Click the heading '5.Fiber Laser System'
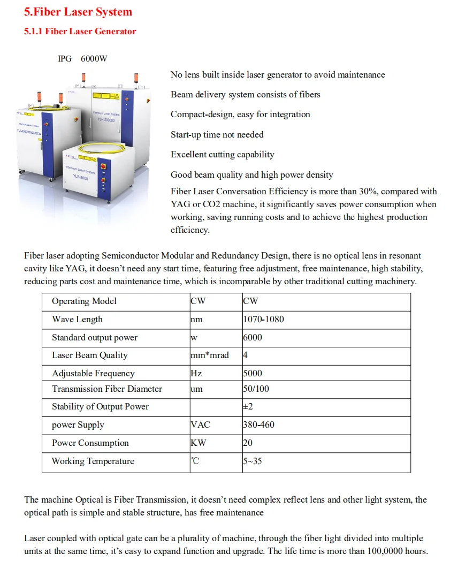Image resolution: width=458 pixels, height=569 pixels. pyautogui.click(x=78, y=12)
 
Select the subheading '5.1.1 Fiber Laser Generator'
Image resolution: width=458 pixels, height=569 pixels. pyautogui.click(x=80, y=31)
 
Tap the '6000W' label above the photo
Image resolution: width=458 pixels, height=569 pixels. pyautogui.click(x=94, y=58)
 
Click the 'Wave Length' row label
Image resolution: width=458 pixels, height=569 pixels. pyautogui.click(x=77, y=320)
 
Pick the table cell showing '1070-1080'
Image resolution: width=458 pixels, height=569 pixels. pyautogui.click(x=264, y=320)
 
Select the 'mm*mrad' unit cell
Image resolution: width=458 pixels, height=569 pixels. pyautogui.click(x=210, y=355)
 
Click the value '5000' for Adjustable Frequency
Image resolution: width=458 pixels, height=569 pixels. pyautogui.click(x=253, y=374)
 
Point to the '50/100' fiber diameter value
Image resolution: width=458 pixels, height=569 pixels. pyautogui.click(x=256, y=389)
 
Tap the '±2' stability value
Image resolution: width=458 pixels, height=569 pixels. pyautogui.click(x=248, y=407)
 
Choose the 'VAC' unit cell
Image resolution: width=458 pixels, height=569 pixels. pyautogui.click(x=201, y=425)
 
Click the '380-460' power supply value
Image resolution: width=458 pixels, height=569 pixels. pyautogui.click(x=259, y=425)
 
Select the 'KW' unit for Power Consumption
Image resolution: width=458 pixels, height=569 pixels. pyautogui.click(x=199, y=443)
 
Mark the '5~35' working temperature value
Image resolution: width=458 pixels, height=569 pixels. pyautogui.click(x=253, y=461)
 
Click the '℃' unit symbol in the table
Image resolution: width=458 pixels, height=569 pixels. pyautogui.click(x=195, y=461)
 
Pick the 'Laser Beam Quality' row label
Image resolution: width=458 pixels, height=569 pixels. pyautogui.click(x=90, y=355)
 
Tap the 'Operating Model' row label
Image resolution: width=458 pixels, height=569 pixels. pyautogui.click(x=84, y=301)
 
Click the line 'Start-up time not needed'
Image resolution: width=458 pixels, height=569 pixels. pyautogui.click(x=217, y=134)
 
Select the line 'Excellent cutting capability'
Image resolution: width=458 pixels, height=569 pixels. pyautogui.click(x=223, y=155)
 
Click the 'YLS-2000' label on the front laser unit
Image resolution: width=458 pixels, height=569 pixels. pyautogui.click(x=81, y=177)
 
